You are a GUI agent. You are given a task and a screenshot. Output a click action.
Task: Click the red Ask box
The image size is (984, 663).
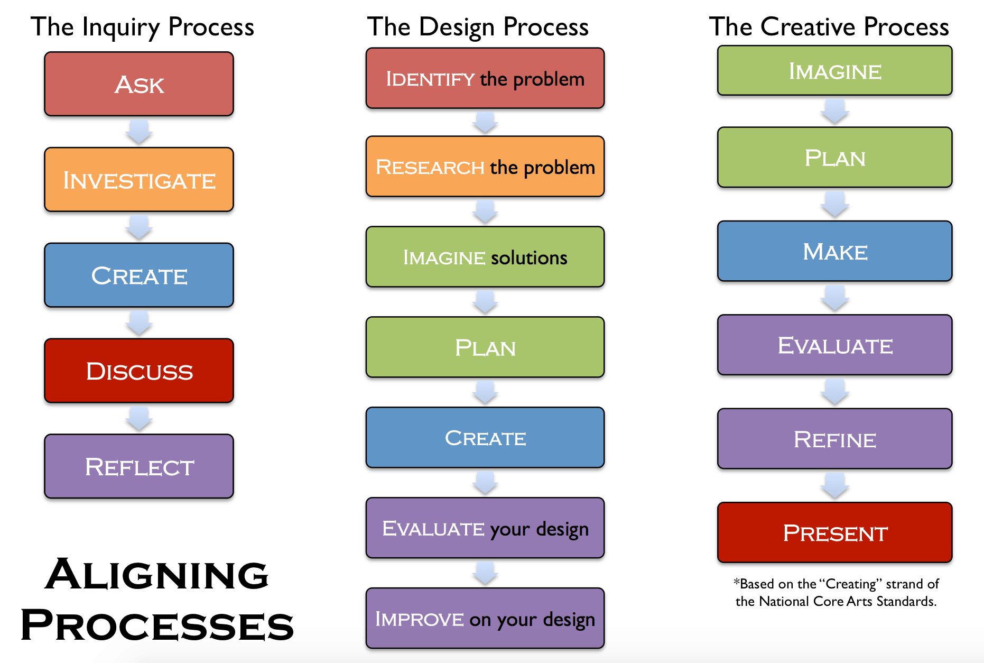pos(139,84)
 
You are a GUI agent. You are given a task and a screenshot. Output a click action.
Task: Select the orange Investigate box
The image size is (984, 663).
pos(139,180)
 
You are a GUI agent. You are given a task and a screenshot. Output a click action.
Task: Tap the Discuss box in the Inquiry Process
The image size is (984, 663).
pos(139,371)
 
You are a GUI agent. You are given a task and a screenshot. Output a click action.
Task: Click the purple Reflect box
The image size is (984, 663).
pos(139,466)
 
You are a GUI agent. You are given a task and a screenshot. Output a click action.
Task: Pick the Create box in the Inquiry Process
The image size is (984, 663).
pos(139,275)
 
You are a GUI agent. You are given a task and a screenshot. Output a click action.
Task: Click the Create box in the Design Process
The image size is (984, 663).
pos(485,438)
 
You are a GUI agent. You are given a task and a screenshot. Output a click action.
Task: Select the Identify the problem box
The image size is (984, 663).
pos(485,79)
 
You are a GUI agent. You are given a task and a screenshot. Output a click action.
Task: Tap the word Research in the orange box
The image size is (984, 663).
pos(430,167)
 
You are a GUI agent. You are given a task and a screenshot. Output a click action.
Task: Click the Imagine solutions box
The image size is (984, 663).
pos(485,257)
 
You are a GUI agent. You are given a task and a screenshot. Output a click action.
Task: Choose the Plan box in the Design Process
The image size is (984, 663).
pos(485,347)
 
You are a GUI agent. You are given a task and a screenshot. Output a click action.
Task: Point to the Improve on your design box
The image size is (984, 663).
pos(485,618)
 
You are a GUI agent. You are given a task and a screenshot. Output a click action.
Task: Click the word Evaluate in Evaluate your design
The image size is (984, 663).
pos(433,528)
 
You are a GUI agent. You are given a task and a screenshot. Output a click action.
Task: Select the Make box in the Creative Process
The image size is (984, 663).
pos(834,251)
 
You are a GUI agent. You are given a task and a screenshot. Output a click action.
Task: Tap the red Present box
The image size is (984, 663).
pos(834,532)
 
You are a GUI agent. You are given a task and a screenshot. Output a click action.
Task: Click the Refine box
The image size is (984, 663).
pos(834,439)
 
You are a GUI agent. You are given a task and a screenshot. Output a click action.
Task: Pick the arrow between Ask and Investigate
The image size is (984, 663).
pos(139,132)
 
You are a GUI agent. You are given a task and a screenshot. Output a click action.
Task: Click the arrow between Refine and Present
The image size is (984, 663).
pos(834,485)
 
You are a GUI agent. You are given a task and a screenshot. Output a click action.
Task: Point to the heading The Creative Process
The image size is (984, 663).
pos(829,26)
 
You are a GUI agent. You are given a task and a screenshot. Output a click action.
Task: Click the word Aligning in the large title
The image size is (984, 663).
pos(157,575)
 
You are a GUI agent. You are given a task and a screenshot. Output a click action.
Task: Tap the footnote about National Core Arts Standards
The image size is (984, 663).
pos(836,593)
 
